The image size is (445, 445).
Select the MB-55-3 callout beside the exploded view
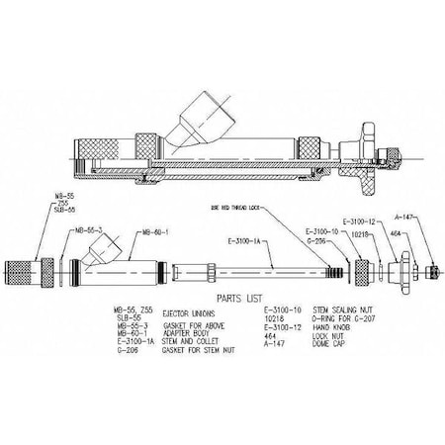[89, 230]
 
